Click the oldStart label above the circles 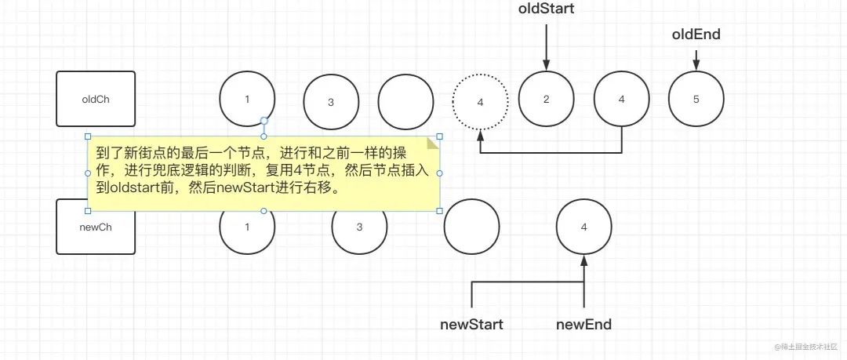point(546,8)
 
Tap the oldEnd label point(696,35)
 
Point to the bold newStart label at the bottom point(471,325)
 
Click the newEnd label point(584,325)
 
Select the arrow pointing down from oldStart point(546,47)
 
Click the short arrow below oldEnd point(696,60)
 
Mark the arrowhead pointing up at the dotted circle point(480,136)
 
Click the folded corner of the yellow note point(433,143)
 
